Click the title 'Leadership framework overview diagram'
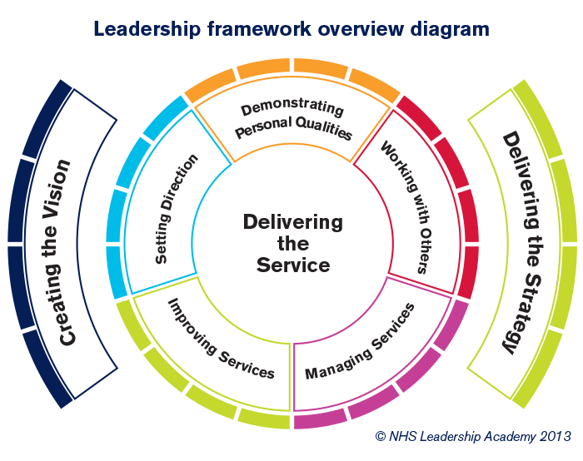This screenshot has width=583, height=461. click(x=291, y=29)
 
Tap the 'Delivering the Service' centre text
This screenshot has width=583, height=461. click(x=292, y=244)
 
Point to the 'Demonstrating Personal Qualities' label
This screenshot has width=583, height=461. click(x=291, y=121)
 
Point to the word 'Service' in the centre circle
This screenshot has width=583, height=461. click(x=292, y=265)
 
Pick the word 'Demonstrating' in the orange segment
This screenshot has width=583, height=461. click(x=280, y=109)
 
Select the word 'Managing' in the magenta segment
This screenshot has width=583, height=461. click(x=331, y=360)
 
